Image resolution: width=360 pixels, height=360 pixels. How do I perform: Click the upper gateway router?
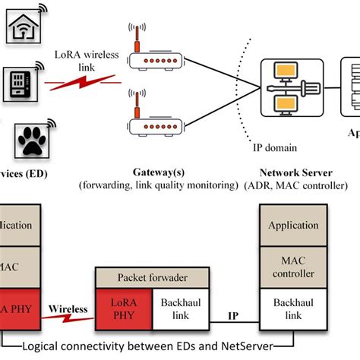[x=154, y=58]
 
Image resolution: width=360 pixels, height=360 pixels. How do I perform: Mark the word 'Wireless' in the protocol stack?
[x=68, y=310]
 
